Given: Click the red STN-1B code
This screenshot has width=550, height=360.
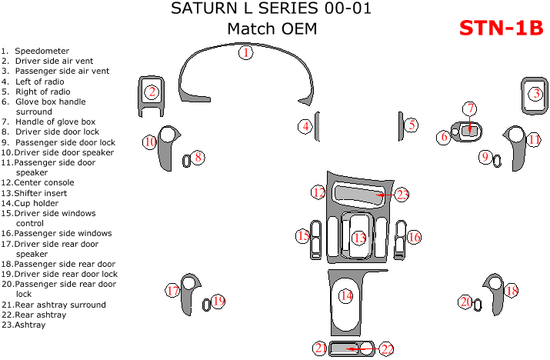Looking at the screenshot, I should point(502,28).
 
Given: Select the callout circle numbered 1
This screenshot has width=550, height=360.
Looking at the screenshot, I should point(245,53).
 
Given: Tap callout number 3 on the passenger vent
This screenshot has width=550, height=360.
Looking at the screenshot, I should point(535,94).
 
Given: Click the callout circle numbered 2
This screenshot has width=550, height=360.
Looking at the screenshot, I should point(152,93).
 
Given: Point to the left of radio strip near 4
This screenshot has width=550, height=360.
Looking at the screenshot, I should point(316,126).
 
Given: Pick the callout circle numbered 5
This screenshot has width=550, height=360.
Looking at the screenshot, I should point(412,125).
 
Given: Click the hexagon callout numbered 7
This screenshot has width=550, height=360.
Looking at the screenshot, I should point(469,109).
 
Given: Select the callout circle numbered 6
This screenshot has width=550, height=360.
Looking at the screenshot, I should point(444,137).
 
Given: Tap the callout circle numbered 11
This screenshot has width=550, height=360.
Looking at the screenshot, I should point(534,139).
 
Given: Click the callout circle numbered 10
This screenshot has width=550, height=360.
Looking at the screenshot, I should point(150,142).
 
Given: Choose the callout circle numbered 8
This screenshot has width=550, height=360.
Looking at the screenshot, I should point(198,158).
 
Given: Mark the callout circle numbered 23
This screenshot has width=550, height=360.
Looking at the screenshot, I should point(402,195).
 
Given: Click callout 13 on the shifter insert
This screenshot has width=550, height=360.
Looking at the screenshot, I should point(359,238).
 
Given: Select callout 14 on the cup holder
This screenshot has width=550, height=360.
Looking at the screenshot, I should point(346,295).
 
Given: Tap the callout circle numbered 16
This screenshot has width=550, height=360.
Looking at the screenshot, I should point(414,237).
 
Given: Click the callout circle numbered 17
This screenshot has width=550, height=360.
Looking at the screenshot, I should point(172,291).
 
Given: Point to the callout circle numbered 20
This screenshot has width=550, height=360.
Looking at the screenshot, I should point(465,302).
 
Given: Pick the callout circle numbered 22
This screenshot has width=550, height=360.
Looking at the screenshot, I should point(387,349).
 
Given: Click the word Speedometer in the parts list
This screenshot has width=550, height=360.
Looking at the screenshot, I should point(42,51).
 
